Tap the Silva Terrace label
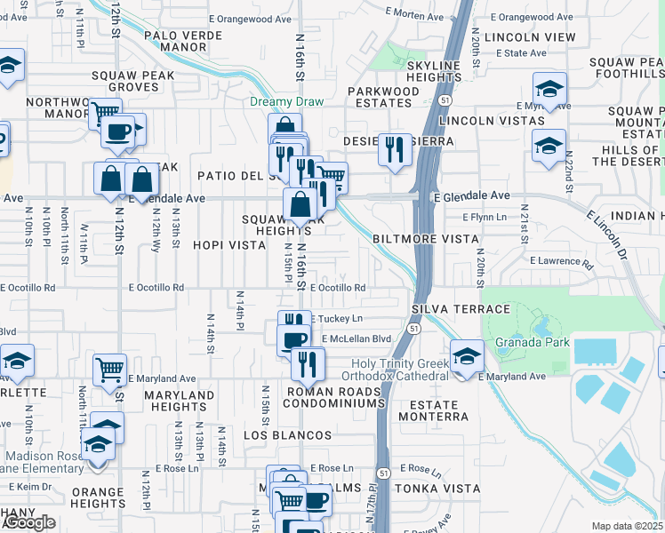point(461,309)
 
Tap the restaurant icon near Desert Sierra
point(394,147)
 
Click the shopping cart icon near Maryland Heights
point(109,370)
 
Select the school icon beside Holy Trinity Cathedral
point(466,355)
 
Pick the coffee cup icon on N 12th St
point(116,132)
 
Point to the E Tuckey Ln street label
point(337,318)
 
